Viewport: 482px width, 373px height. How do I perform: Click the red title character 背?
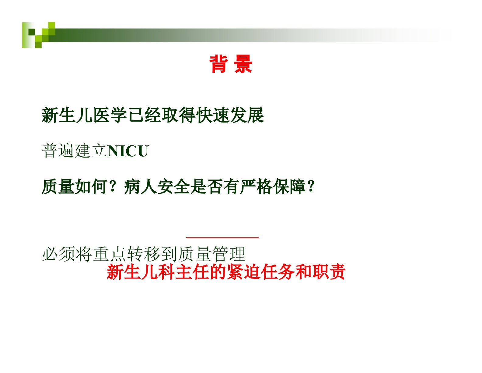(219, 64)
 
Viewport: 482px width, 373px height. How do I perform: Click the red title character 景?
(243, 64)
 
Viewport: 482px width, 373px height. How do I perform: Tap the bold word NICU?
(128, 151)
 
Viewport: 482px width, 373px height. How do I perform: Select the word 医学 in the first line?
(110, 115)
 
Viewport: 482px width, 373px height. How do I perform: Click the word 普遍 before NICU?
(58, 151)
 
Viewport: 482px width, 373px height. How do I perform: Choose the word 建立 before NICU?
(90, 151)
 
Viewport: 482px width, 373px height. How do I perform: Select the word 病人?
(140, 187)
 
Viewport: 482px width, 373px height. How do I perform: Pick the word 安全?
(173, 187)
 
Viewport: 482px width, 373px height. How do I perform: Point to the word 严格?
(256, 187)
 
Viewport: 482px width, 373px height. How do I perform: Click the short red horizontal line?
(223, 238)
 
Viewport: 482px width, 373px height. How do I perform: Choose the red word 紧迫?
(243, 272)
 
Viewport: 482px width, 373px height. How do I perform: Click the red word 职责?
(329, 272)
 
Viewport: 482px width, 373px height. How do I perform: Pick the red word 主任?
(192, 272)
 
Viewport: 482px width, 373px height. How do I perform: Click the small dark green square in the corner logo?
(32, 32)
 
